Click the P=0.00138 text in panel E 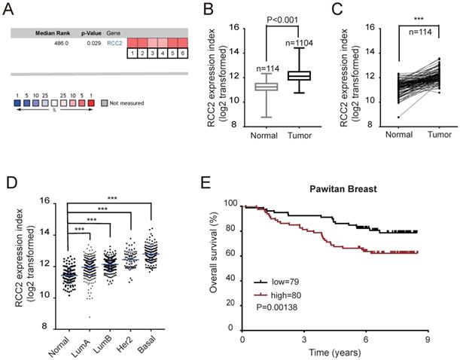[276, 309]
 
